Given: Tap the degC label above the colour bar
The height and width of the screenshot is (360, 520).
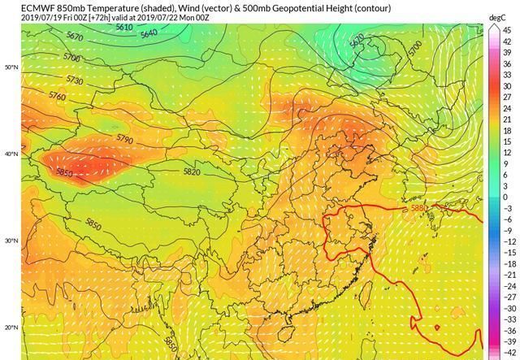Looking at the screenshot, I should [498, 17].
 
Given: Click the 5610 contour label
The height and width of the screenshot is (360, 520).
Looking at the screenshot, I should [124, 28].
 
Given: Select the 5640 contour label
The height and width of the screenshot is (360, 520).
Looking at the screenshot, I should [149, 34].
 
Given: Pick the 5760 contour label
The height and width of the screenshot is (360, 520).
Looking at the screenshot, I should [57, 96].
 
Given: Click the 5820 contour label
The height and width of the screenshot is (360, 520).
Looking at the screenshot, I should [192, 171].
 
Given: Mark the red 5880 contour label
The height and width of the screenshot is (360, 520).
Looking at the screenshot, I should [419, 208].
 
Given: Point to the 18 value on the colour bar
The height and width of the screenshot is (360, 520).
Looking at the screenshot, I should [505, 130].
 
